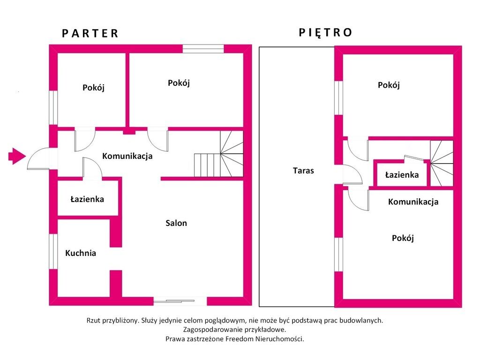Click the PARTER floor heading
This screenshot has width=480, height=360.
(x=90, y=33)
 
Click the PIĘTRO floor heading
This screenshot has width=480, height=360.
(x=325, y=32)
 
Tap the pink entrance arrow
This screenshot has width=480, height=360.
(x=17, y=156)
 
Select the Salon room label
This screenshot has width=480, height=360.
(x=176, y=223)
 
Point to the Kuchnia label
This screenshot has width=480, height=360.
(x=81, y=253)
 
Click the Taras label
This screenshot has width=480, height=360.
(x=303, y=171)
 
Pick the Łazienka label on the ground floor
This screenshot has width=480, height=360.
(x=87, y=199)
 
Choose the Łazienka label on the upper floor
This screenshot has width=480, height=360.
(x=402, y=175)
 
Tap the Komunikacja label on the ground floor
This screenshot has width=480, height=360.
(x=127, y=156)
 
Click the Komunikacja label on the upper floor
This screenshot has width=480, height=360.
(x=413, y=202)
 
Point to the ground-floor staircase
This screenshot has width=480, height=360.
(x=219, y=154)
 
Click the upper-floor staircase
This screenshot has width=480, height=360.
(x=442, y=163)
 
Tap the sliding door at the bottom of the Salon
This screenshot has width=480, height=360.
(x=180, y=301)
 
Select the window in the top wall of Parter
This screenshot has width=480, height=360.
(x=203, y=49)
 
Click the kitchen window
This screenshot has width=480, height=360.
(x=53, y=252)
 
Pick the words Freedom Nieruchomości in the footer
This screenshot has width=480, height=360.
(x=264, y=339)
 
